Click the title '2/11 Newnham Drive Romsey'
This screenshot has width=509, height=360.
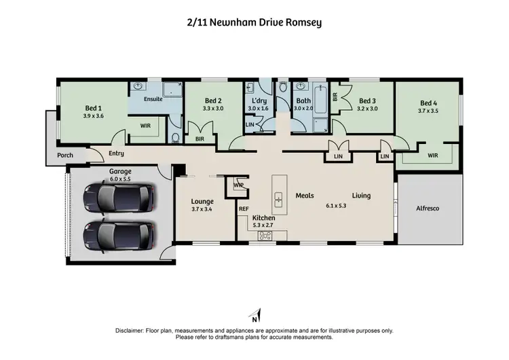click(x=254, y=22)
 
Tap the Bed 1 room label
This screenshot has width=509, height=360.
click(x=94, y=107)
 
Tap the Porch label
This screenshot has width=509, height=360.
click(x=65, y=155)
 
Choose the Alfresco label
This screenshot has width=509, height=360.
click(x=429, y=209)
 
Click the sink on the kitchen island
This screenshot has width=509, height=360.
click(x=278, y=199)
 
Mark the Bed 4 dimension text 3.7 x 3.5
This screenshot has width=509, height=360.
click(x=429, y=111)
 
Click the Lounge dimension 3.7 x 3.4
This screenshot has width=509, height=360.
click(x=202, y=210)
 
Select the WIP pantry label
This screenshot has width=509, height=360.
click(x=239, y=185)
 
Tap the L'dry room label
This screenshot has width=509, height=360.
click(x=259, y=100)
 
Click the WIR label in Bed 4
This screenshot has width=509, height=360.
click(x=432, y=156)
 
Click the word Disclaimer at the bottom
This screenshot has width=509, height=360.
click(x=131, y=331)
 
